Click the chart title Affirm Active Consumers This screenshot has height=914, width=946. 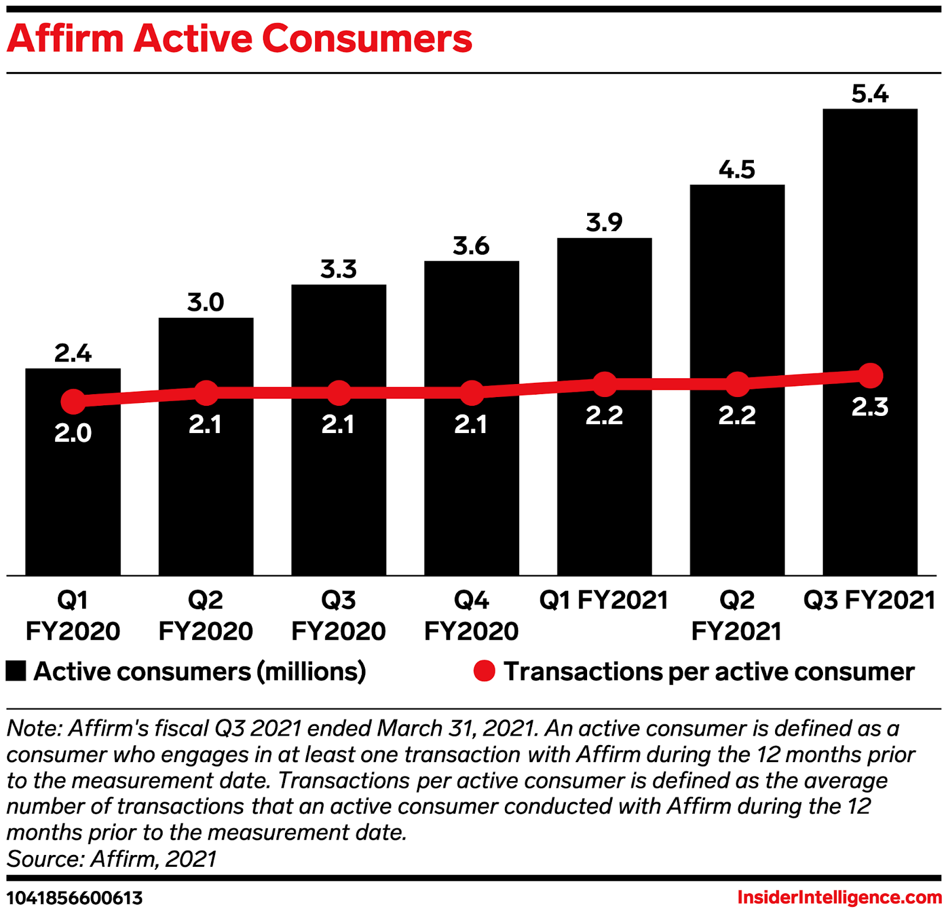pos(239,39)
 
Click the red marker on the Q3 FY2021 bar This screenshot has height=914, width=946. pos(870,375)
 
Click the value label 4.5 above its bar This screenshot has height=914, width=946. pos(737,170)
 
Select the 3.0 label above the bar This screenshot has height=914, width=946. pos(206,303)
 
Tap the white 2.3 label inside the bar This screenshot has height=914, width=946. pos(870,407)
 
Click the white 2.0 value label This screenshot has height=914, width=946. pos(73,433)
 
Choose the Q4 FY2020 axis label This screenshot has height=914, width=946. pos(471,616)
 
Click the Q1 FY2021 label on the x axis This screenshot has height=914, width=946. pos(604,600)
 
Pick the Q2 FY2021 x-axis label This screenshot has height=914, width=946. pos(737,616)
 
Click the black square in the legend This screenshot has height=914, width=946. pos(16,671)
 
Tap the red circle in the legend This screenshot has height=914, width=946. pos(484,671)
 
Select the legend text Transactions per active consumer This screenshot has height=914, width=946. pos(709,672)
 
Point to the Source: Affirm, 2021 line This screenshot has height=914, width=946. pos(112,858)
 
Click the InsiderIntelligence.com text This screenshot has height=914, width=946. pos(839,897)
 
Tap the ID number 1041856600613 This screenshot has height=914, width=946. pos(75,898)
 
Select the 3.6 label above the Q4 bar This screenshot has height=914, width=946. pos(471,246)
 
